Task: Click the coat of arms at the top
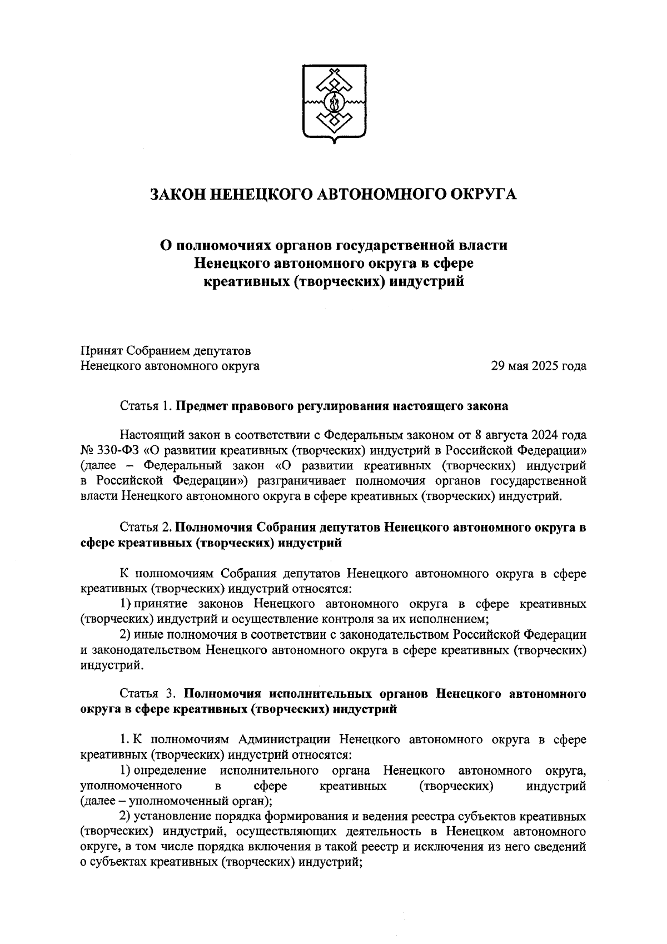[x=334, y=103]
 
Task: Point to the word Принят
[x=101, y=351]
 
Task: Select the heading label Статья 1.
[x=146, y=406]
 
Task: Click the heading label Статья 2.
[x=146, y=527]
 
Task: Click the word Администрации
[x=283, y=740]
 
